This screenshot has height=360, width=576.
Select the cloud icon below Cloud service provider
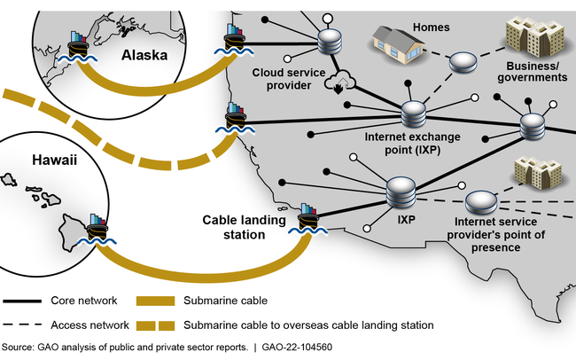coord(339,85)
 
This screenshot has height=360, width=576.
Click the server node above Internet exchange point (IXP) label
coord(414,114)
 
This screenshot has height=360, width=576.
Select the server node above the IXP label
coord(401,190)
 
